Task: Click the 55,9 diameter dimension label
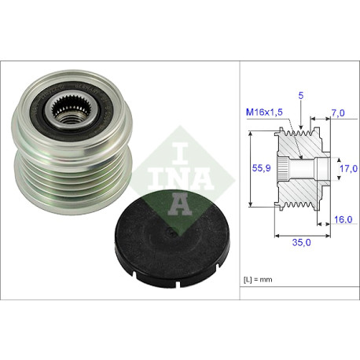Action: click(x=261, y=167)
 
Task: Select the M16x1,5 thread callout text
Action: click(x=264, y=112)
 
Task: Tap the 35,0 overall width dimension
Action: click(x=301, y=242)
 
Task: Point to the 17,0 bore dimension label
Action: click(x=348, y=168)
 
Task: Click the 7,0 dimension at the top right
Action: click(x=338, y=113)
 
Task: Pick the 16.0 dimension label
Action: click(x=343, y=219)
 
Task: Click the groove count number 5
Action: click(x=301, y=96)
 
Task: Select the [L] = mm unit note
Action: click(x=258, y=280)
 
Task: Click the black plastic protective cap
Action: click(x=172, y=239)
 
